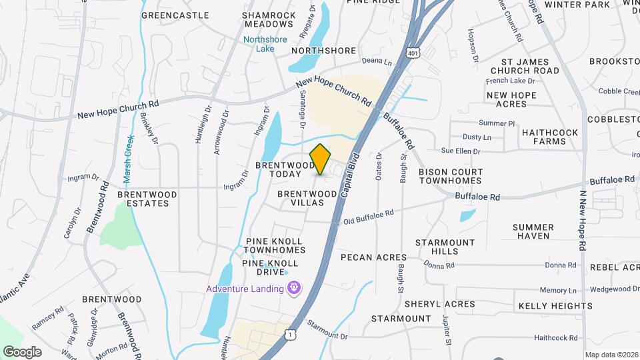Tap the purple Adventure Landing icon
tap(293, 288)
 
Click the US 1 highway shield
tap(289, 333)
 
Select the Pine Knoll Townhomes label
tap(274, 245)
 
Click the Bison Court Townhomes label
tap(451, 177)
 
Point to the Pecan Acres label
tap(373, 257)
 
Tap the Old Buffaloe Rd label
tap(368, 217)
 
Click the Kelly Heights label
tap(555, 306)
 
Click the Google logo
tap(22, 351)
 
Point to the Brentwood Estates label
tap(147, 199)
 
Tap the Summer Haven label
tap(533, 231)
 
